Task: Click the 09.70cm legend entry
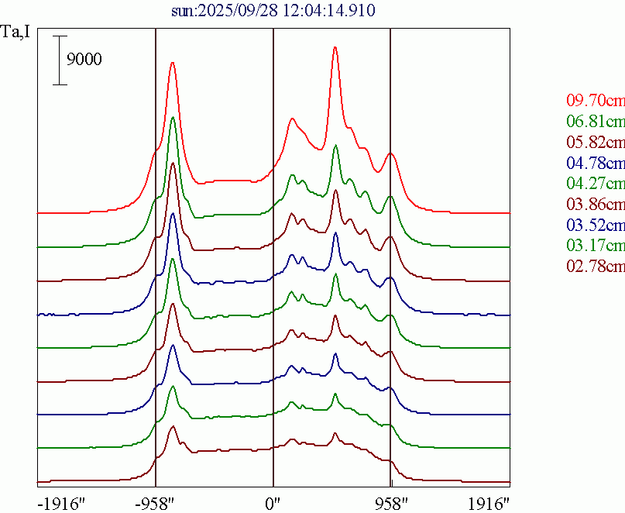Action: click(595, 101)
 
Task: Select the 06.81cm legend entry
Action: click(595, 122)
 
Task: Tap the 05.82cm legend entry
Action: click(595, 143)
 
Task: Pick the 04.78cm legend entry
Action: click(595, 164)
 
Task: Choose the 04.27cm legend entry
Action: click(595, 184)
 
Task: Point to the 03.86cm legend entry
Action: click(595, 205)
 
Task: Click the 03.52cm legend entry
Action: click(595, 226)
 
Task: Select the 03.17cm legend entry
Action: click(595, 246)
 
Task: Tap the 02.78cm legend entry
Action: click(595, 267)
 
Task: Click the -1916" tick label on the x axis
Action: click(60, 502)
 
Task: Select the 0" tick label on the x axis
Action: click(273, 502)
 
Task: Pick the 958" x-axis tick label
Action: click(390, 502)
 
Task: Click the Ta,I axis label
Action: click(16, 33)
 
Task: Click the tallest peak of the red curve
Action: click(335, 47)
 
